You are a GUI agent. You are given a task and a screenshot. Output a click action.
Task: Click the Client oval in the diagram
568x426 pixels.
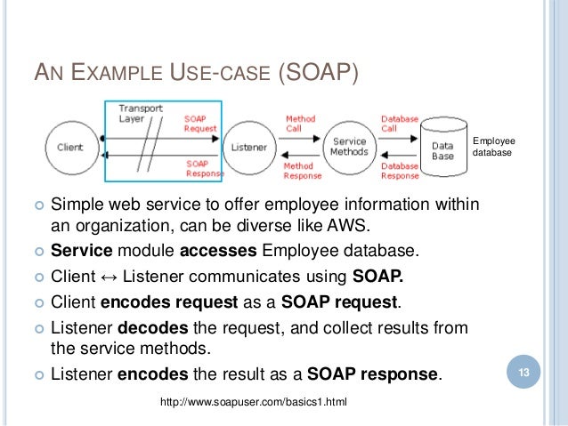pyautogui.click(x=71, y=147)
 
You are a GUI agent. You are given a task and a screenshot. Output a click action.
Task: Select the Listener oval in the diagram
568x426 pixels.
pyautogui.click(x=247, y=147)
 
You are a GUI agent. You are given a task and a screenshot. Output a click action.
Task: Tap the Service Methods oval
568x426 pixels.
pyautogui.click(x=349, y=147)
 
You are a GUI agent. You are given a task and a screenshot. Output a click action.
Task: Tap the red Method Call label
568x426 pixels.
pyautogui.click(x=299, y=124)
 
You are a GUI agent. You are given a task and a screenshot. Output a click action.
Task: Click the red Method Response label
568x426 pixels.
pyautogui.click(x=302, y=169)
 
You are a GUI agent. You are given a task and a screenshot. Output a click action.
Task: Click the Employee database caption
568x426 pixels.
pyautogui.click(x=493, y=146)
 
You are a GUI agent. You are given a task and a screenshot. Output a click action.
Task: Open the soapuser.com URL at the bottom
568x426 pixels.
pyautogui.click(x=253, y=405)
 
